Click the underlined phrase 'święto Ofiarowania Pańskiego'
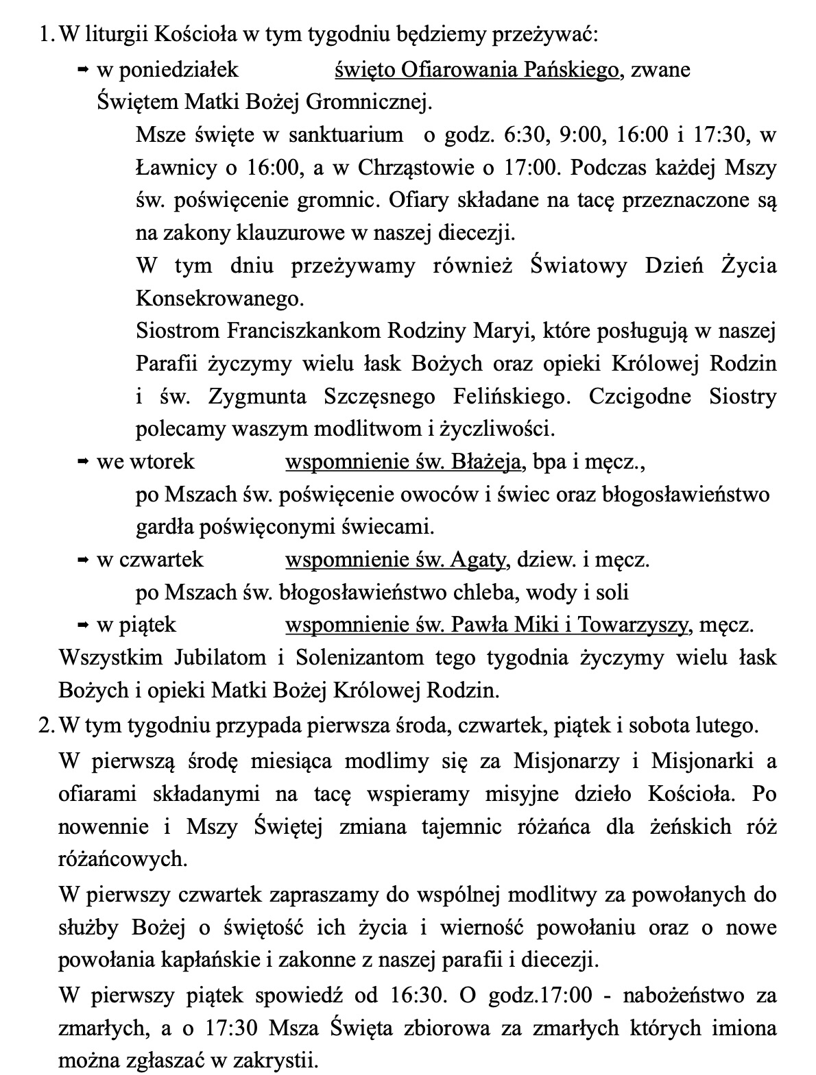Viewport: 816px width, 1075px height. click(x=477, y=70)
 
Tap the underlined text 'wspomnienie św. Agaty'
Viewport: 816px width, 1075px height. click(x=396, y=560)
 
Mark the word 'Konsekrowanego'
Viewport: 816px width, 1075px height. click(x=219, y=299)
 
